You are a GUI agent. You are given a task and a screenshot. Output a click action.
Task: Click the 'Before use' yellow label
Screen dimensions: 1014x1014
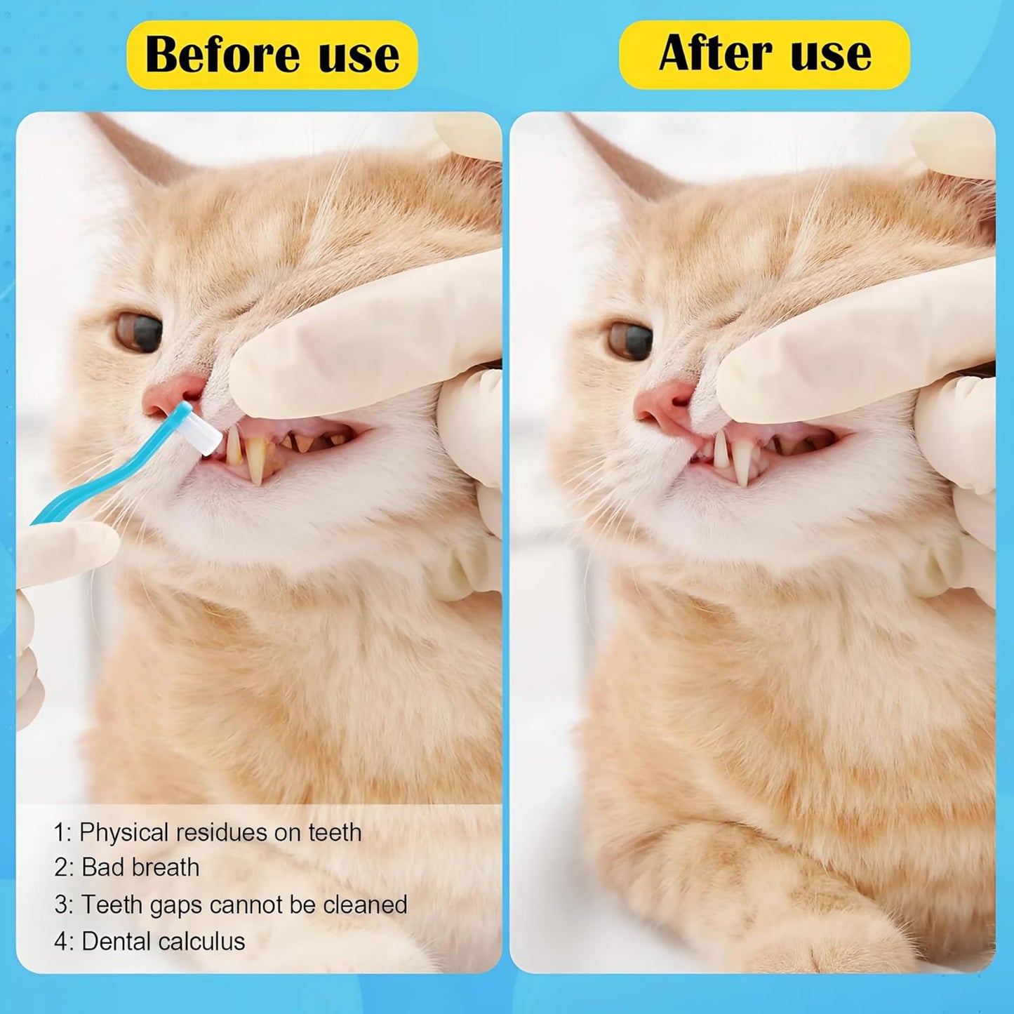pos(272,55)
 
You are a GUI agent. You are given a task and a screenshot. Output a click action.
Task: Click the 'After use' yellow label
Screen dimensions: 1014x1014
pos(764,55)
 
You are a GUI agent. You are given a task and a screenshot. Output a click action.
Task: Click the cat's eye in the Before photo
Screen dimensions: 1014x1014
pos(139,332)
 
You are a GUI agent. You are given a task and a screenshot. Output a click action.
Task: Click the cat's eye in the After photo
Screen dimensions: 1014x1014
pos(631,340)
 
